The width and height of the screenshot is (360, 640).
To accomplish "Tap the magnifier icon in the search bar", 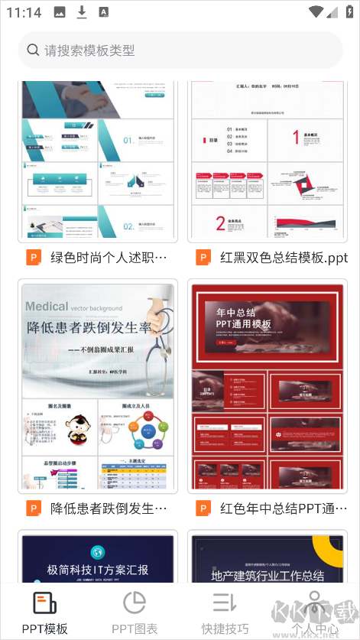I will point(33,50).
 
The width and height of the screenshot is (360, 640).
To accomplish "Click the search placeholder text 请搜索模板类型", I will point(89,50).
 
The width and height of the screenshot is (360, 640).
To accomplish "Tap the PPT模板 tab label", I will point(44,629).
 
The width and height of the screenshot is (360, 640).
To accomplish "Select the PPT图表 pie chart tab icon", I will point(135,603).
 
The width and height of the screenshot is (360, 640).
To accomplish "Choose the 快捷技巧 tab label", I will point(225,629).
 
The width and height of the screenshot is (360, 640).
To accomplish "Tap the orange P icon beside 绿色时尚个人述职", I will point(34,257).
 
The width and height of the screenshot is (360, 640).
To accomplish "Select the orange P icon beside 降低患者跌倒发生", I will point(34,508).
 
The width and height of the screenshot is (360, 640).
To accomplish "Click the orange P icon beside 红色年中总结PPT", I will point(203,508).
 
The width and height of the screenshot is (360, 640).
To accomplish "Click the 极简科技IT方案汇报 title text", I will point(98,570).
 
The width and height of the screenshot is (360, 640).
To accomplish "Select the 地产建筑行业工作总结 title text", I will point(267,576).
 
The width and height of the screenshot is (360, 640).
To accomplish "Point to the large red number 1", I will point(295,137).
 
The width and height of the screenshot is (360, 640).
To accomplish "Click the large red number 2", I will point(220,223).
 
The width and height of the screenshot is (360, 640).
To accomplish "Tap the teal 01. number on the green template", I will point(128,141).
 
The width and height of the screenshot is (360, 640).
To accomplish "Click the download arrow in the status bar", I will point(82,12).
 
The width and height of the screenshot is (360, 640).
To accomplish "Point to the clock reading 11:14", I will point(24,12).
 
